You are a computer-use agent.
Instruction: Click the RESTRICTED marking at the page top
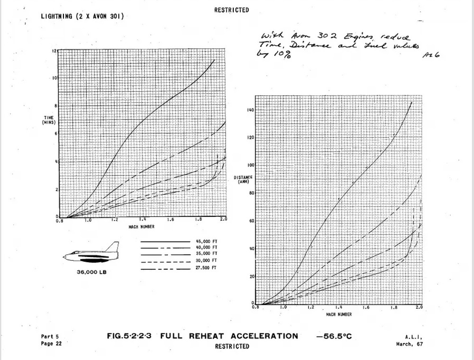tap(231, 10)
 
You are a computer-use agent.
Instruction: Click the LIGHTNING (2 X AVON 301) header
tap(82, 17)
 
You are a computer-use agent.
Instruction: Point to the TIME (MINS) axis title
tap(49, 120)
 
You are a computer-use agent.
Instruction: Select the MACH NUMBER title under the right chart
tap(338, 314)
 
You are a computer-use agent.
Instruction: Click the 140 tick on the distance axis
tap(250, 110)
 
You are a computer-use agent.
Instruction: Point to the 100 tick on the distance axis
tap(250, 166)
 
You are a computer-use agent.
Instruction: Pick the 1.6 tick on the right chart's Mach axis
tap(365, 307)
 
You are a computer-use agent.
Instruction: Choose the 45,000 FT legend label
tap(207, 241)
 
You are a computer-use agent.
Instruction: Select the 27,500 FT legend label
tap(207, 268)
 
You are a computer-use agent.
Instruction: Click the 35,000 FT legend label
tap(207, 254)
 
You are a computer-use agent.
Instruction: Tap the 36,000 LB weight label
tap(91, 273)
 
